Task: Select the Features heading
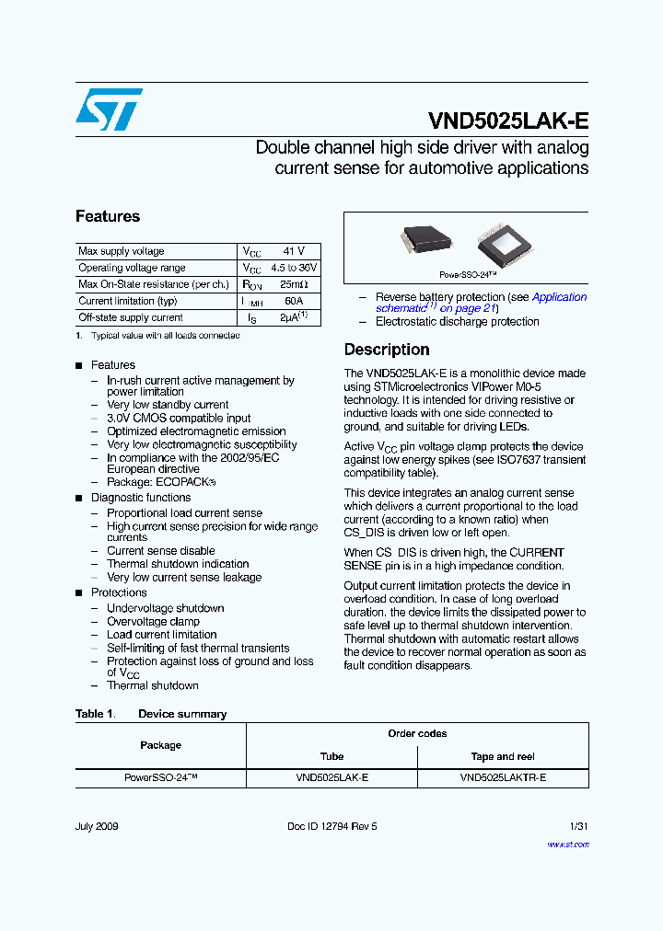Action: tap(108, 216)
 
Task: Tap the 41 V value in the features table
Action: tap(293, 251)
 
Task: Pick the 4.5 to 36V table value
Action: tap(293, 268)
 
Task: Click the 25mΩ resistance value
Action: tap(293, 284)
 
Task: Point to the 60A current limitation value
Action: tap(293, 301)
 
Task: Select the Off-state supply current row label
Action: tap(131, 317)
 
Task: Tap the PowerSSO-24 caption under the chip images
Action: tap(468, 275)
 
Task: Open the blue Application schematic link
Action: tap(558, 297)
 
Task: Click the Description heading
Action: tap(387, 350)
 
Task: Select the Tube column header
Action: tap(331, 756)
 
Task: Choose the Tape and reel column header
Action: tap(503, 756)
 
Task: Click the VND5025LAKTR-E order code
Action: tap(503, 777)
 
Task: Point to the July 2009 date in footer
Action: tap(98, 826)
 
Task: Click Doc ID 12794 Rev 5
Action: tap(331, 826)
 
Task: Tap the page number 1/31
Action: tap(578, 826)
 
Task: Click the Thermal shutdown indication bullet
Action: tap(178, 564)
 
